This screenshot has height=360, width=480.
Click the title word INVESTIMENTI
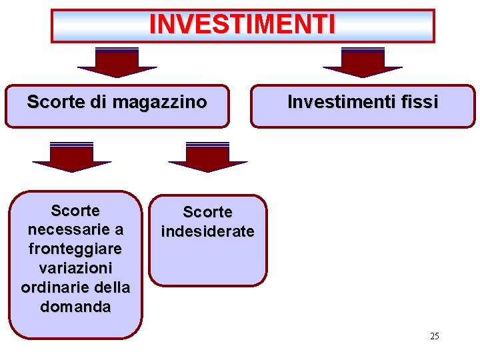[x=243, y=25]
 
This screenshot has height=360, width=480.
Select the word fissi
[x=420, y=102]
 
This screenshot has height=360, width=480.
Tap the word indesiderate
[x=207, y=231]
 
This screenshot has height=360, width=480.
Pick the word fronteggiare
[x=75, y=249]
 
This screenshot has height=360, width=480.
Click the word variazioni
[x=75, y=268]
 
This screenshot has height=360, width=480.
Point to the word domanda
[x=75, y=307]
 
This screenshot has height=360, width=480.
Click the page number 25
[x=435, y=336]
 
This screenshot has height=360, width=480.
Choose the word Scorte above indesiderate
[x=207, y=212]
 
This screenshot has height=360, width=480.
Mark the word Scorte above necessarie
[x=75, y=211]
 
